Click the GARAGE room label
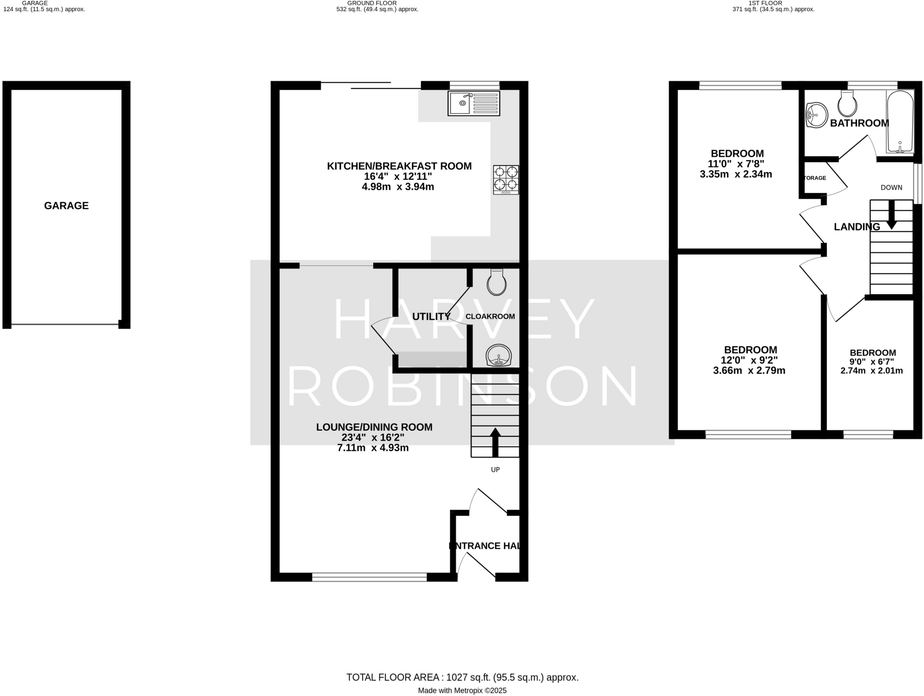66,206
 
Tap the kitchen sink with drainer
474,103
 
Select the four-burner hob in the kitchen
506,179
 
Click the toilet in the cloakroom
497,283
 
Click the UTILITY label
431,317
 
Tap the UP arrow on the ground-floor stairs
495,441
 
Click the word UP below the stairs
495,470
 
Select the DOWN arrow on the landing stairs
892,215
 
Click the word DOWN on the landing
892,188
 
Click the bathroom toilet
847,104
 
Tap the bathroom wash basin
817,115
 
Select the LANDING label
857,227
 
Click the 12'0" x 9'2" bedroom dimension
749,361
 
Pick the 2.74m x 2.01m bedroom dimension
872,371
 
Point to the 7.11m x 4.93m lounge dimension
373,448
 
